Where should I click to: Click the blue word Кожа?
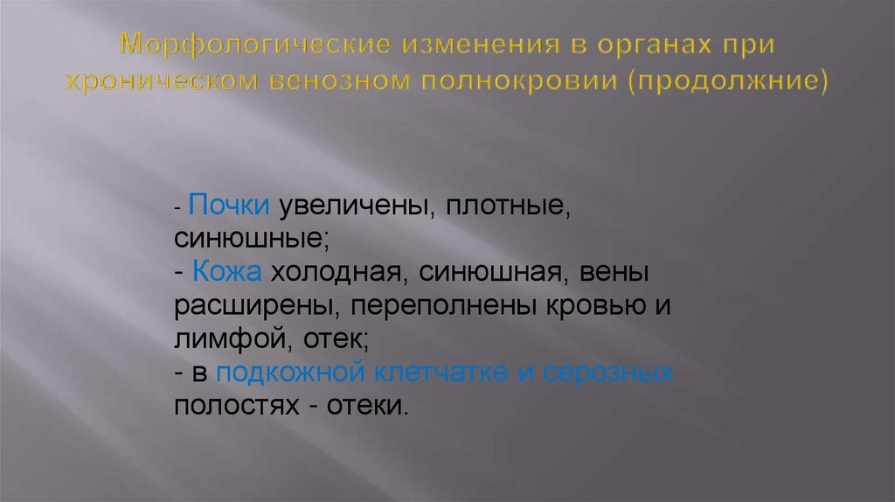point(228,273)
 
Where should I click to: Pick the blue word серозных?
point(608,372)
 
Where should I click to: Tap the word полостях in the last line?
point(231,405)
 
